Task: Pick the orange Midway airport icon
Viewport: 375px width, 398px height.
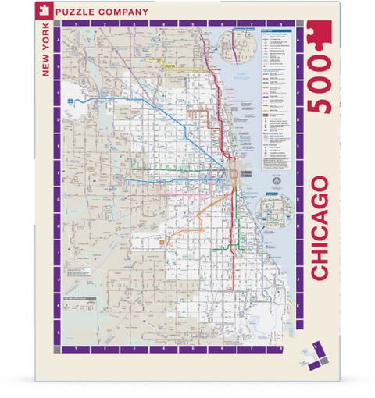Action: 162,240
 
